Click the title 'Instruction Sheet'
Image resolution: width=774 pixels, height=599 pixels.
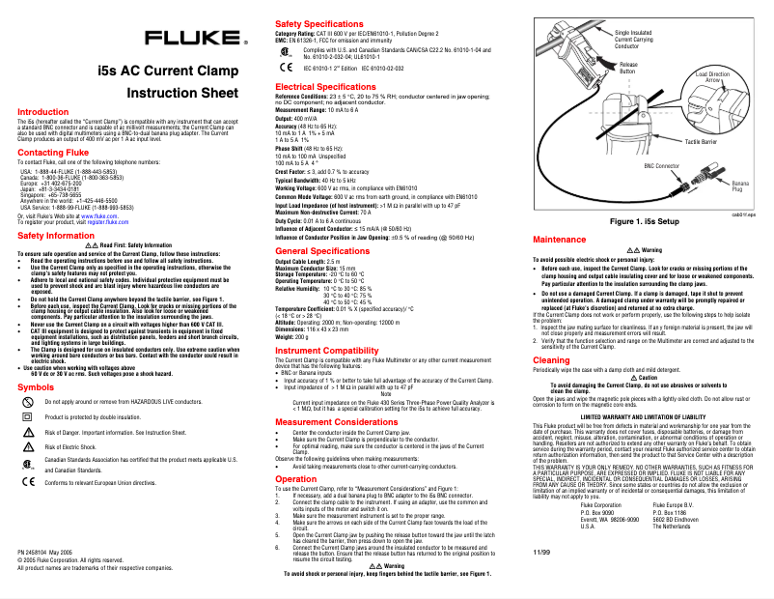(182, 94)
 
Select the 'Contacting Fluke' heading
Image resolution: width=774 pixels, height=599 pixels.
(54, 153)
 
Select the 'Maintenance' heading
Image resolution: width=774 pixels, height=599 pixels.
(560, 238)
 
